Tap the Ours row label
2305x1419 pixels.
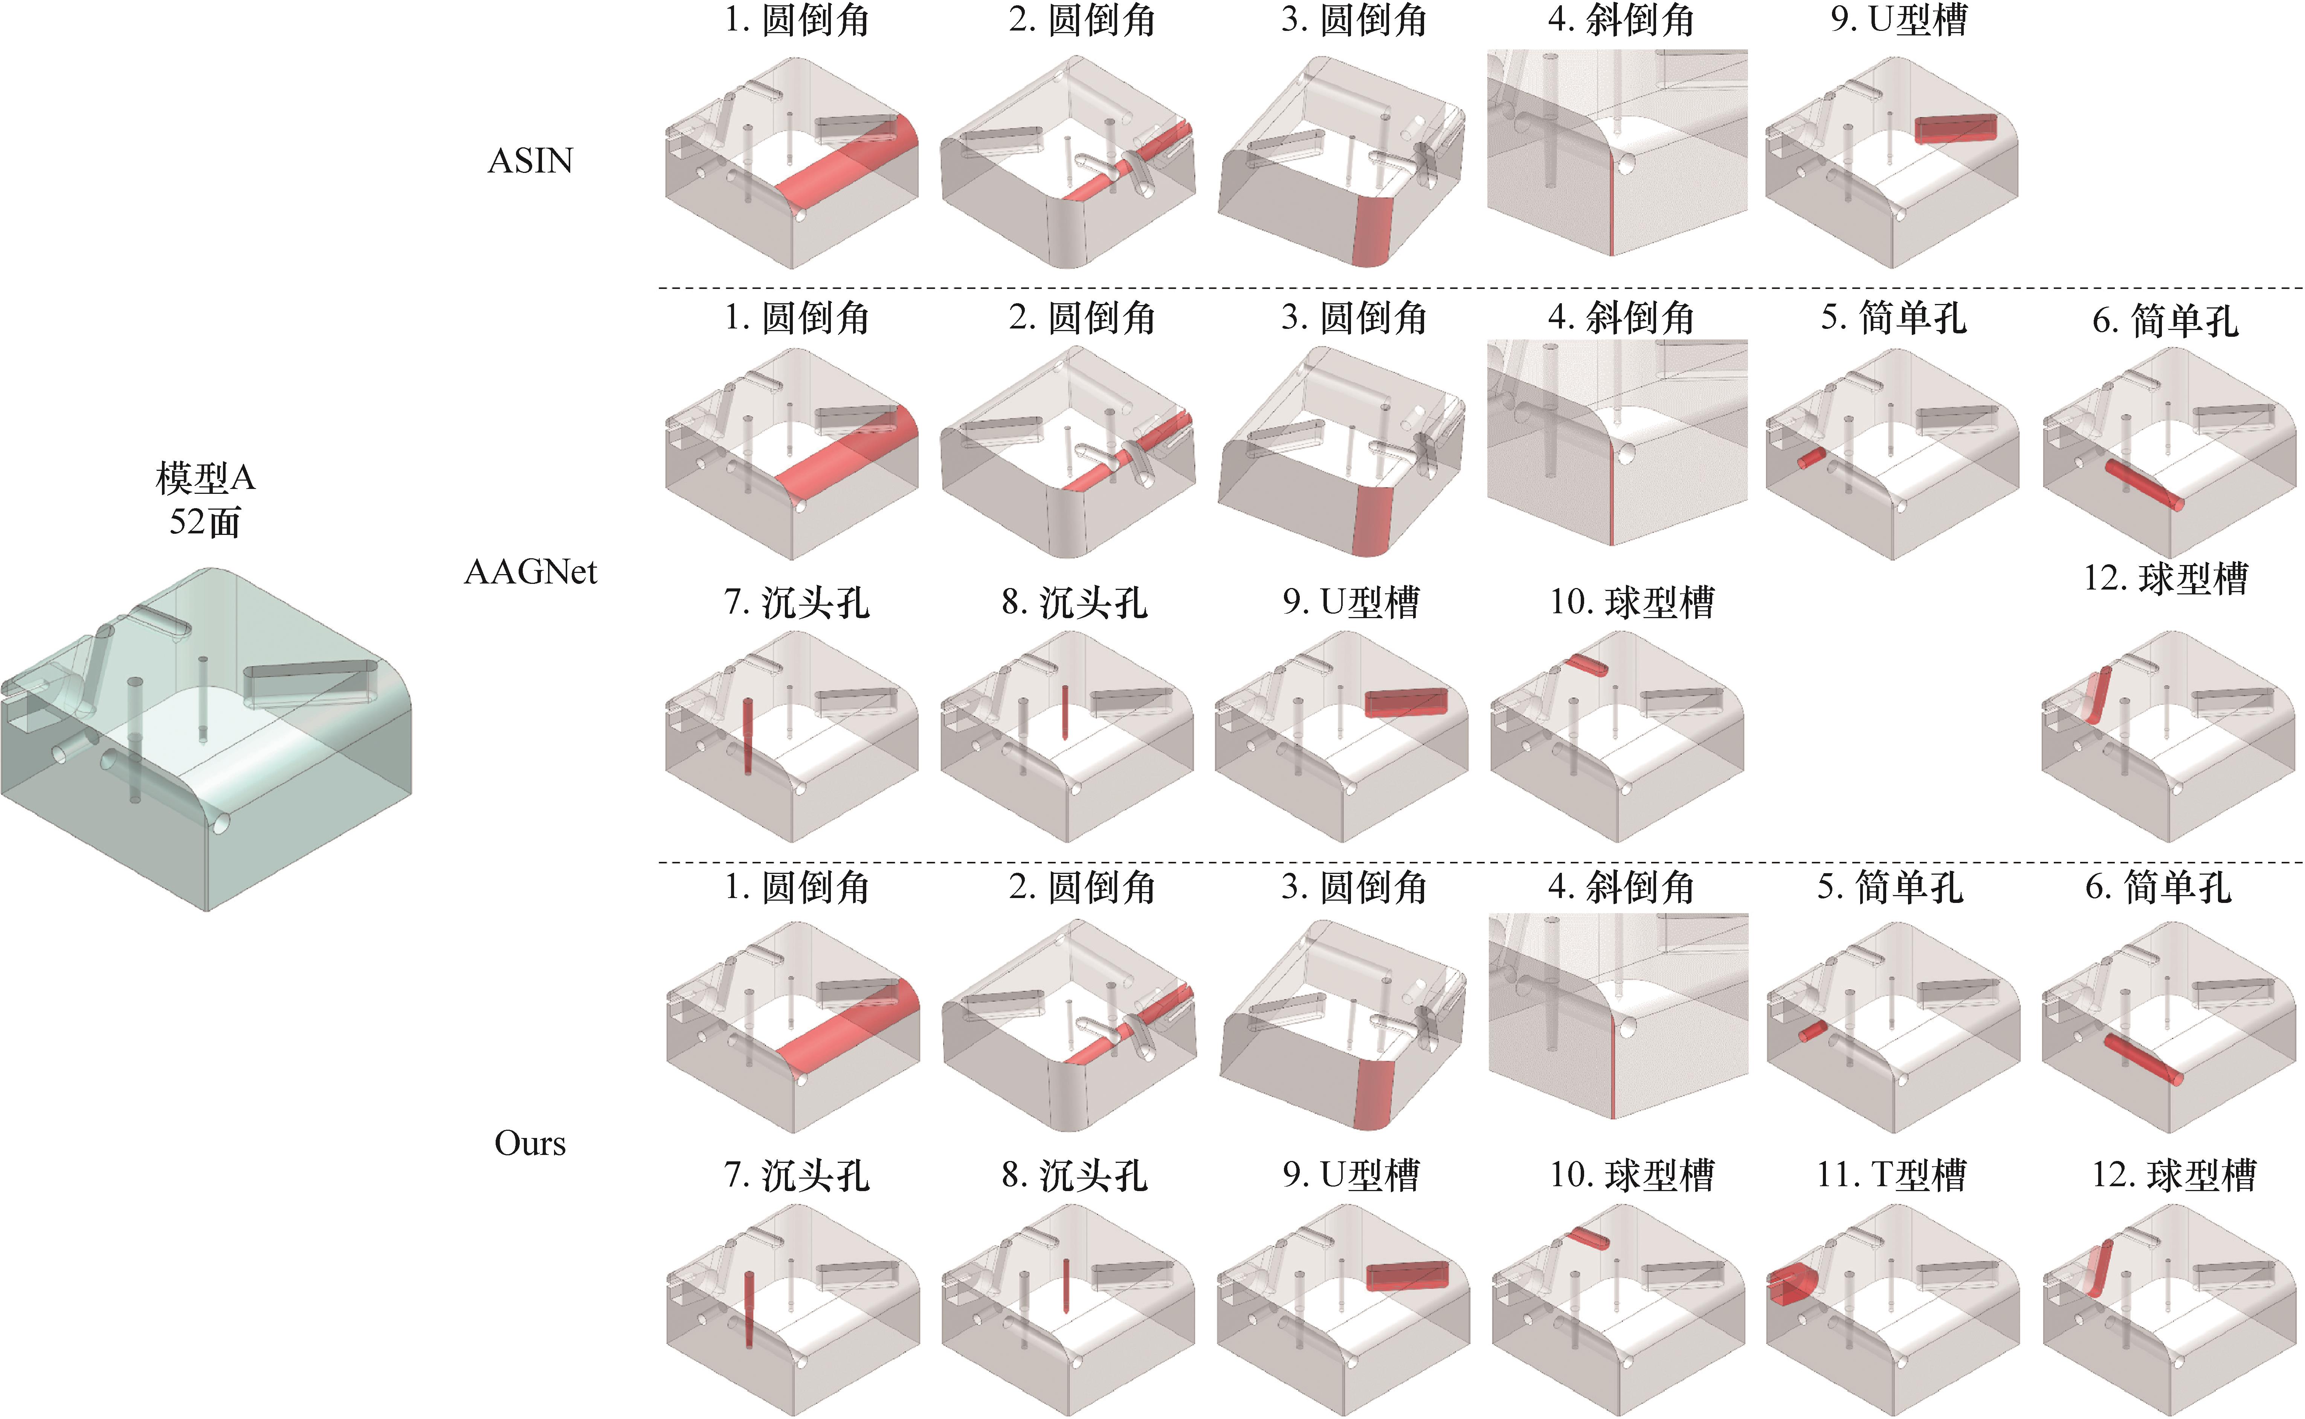pyautogui.click(x=530, y=1143)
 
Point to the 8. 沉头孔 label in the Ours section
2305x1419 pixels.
pyautogui.click(x=1074, y=1175)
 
